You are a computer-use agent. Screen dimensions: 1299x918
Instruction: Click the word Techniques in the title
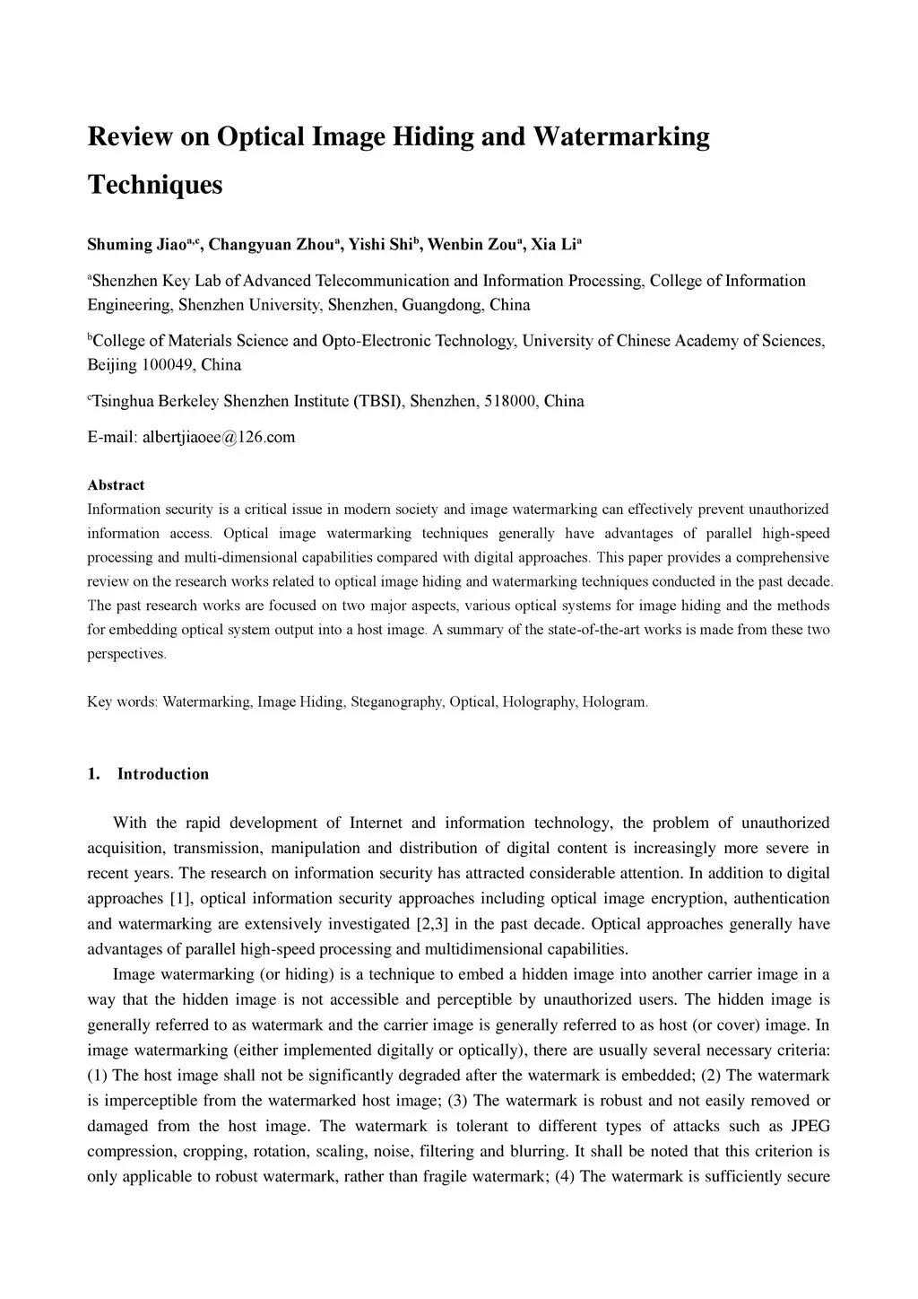pos(154,185)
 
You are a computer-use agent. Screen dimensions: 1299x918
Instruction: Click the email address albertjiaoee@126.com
pos(218,438)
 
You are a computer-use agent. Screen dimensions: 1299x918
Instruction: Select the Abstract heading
pos(116,485)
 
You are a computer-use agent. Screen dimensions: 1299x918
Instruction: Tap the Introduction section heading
pos(162,774)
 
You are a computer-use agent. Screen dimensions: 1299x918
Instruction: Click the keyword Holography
pos(539,702)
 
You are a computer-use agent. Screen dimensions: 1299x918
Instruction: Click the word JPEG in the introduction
pos(809,1126)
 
